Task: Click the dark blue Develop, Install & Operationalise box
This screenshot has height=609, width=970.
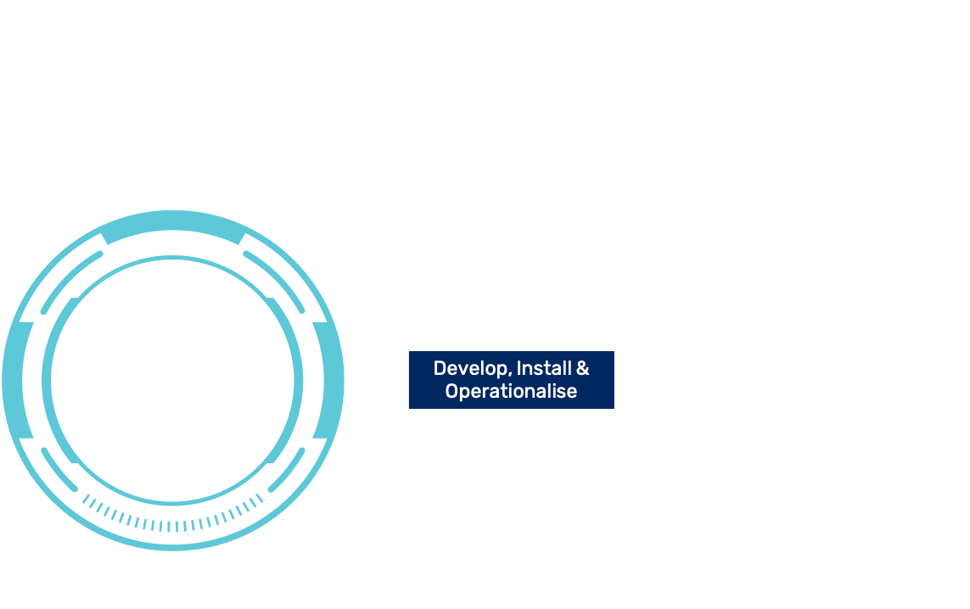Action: (x=511, y=380)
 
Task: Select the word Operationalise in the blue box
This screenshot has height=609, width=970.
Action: (x=511, y=391)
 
